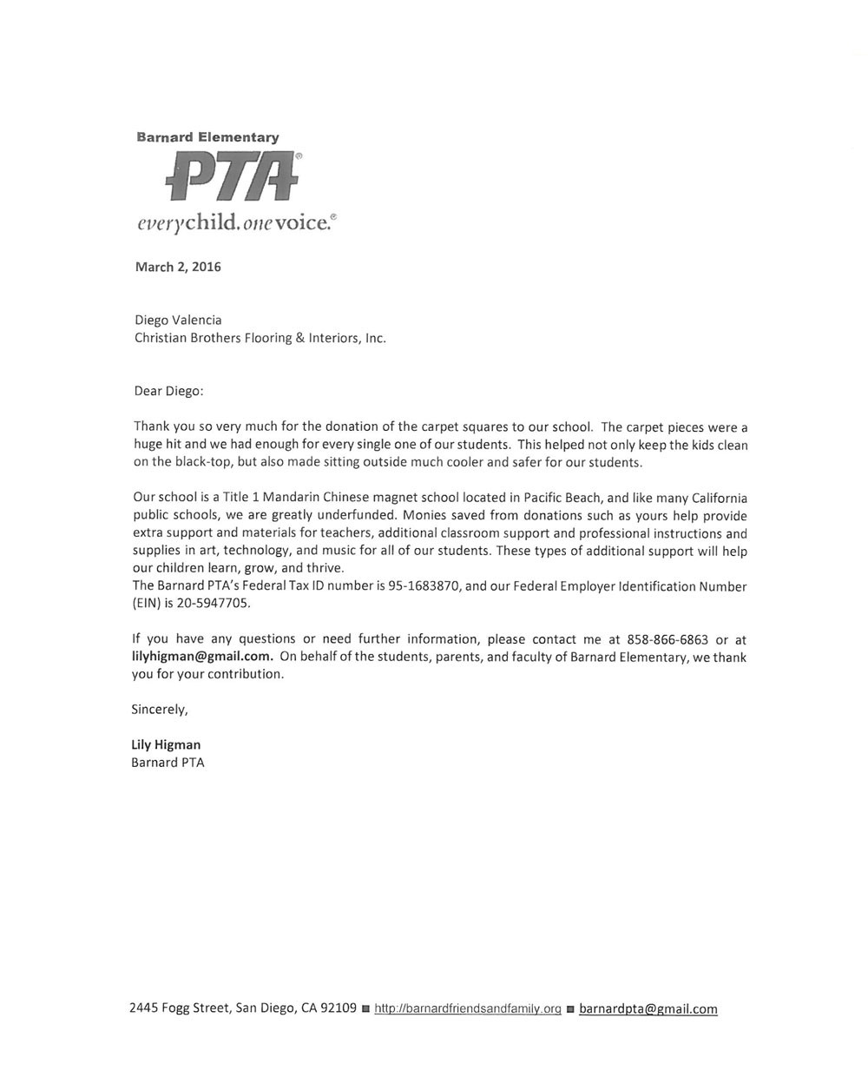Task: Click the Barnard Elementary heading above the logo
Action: (x=207, y=137)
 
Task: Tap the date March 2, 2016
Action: (x=178, y=267)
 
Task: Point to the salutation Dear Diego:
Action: (x=168, y=391)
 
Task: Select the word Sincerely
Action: (x=159, y=710)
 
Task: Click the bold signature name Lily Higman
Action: (x=166, y=745)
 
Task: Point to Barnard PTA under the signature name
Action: (x=168, y=763)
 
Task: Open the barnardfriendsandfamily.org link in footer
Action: (x=467, y=1009)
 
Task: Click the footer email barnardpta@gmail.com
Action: (x=648, y=1009)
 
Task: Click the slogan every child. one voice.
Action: (x=233, y=223)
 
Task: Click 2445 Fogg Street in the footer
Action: (x=179, y=1008)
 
